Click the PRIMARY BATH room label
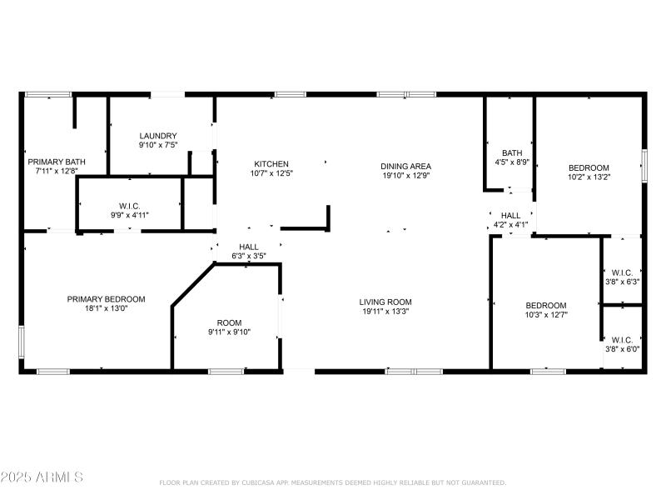[57, 162]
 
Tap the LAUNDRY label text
[158, 136]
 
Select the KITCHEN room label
[271, 164]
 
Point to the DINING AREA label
[406, 166]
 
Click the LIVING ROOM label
[385, 302]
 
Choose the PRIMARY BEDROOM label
[107, 299]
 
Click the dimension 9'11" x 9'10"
[229, 332]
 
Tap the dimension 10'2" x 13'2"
[589, 177]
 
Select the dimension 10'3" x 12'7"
[546, 314]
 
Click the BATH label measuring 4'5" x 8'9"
[512, 152]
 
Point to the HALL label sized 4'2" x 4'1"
[510, 215]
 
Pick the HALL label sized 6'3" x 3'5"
[249, 247]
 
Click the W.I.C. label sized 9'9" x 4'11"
[129, 205]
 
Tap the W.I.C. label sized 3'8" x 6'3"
[622, 272]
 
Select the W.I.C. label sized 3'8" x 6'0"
[622, 339]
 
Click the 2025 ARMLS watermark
[42, 477]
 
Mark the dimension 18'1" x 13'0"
[107, 308]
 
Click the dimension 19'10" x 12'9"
[406, 175]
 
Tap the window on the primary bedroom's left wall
[22, 342]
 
